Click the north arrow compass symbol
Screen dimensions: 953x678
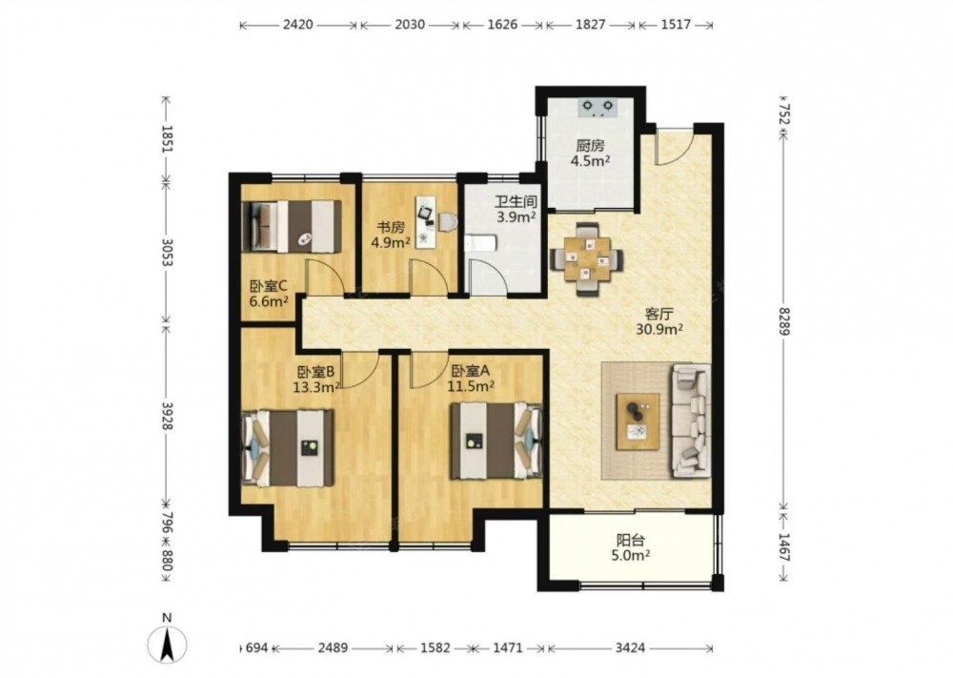[x=167, y=644]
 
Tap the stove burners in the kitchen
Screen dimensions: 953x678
[x=598, y=107]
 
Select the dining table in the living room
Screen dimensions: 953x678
[x=586, y=258]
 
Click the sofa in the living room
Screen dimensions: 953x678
[x=690, y=421]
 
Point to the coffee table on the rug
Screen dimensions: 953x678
[x=638, y=421]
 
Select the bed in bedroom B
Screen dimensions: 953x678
[x=288, y=447]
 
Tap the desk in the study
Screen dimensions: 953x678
[x=427, y=222]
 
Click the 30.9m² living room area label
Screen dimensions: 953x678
[x=659, y=330]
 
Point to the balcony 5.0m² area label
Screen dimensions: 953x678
[x=631, y=555]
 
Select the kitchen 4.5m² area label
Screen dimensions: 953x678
[x=590, y=161]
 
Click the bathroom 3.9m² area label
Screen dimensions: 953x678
[x=516, y=216]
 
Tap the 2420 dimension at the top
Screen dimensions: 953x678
[x=297, y=25]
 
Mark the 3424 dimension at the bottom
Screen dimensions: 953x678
[x=630, y=648]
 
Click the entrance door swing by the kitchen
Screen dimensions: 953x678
[x=675, y=148]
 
